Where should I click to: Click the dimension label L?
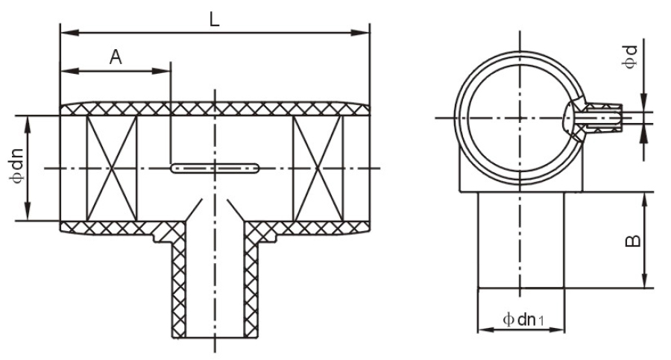click(215, 19)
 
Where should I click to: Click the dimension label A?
click(116, 57)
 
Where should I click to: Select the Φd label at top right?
click(630, 57)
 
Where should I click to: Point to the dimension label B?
click(633, 241)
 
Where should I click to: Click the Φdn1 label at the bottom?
click(523, 319)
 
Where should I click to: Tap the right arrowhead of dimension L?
click(360, 33)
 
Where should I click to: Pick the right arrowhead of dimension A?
click(161, 71)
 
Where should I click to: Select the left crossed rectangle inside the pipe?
click(112, 168)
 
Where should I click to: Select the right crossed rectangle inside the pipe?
click(318, 168)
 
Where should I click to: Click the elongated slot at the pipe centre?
click(215, 168)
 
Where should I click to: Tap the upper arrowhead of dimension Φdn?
click(28, 125)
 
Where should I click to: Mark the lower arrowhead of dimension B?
click(643, 279)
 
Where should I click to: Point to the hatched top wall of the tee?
click(215, 109)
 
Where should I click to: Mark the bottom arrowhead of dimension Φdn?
click(28, 212)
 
